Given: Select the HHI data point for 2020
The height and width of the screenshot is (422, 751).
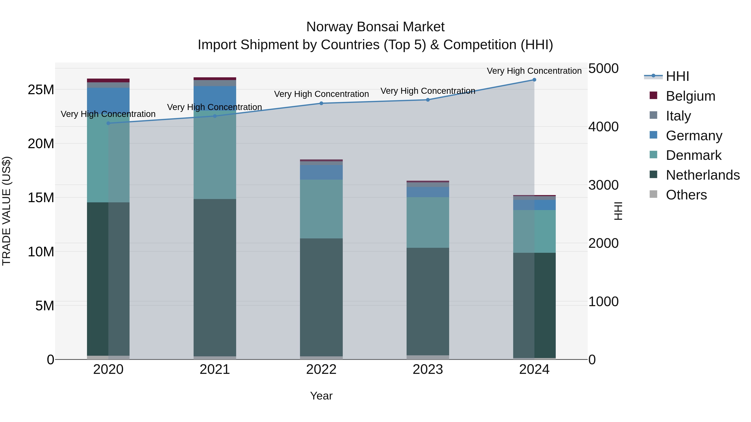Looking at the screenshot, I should pos(108,123).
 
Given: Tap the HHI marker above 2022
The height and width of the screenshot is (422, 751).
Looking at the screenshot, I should pos(321,103).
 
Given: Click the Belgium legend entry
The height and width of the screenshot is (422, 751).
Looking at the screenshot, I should pos(690,96).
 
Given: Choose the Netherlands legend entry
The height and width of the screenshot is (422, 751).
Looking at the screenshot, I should pos(703,175).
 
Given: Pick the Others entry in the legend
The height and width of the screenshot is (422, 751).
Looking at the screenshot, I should pos(686,195).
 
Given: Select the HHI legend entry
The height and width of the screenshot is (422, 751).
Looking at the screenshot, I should pos(677,76).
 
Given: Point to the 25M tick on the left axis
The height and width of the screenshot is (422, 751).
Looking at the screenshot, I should pos(41,90).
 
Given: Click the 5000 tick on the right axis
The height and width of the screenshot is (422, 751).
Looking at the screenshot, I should pos(603,69).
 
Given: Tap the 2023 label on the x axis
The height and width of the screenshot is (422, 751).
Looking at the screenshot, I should pos(428,369).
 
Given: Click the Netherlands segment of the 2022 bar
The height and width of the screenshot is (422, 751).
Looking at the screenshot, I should pos(321,297).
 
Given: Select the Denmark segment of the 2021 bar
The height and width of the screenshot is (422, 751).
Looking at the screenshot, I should pos(215,155).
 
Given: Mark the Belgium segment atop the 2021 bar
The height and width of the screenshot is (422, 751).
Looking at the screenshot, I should pos(215,79).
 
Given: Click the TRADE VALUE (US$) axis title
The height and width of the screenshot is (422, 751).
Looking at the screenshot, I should pos(6,211).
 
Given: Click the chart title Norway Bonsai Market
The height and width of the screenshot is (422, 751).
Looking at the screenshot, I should pos(375,27).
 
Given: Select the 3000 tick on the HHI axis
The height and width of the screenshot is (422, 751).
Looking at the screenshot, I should pos(603,185).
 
